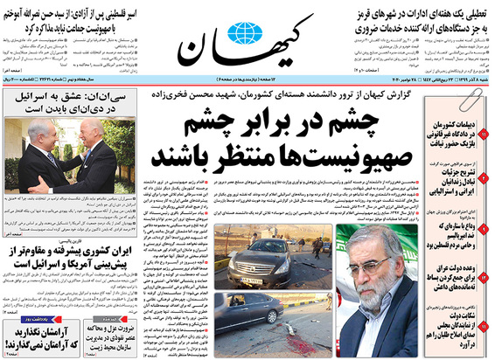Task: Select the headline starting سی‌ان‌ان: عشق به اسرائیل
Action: point(69,104)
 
